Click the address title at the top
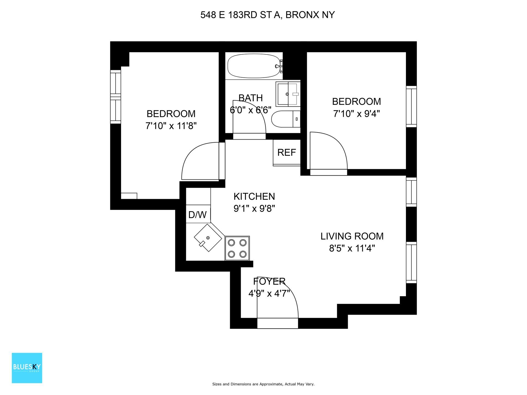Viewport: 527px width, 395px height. (x=267, y=15)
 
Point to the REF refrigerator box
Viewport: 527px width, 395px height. (x=287, y=153)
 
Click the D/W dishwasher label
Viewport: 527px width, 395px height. (x=198, y=214)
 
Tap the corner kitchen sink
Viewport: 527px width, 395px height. (x=208, y=238)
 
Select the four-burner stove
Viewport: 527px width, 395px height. (x=237, y=248)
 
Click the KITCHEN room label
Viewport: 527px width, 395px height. (x=254, y=196)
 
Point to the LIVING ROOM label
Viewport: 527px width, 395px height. (x=352, y=236)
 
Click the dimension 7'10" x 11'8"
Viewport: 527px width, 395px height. (x=171, y=126)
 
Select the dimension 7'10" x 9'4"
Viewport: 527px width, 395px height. (x=356, y=114)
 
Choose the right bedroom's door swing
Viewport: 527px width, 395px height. (x=328, y=152)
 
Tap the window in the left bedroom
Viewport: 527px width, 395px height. (x=116, y=97)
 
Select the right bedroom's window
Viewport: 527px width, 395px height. (x=411, y=106)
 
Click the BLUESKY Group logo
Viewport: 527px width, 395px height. (x=27, y=368)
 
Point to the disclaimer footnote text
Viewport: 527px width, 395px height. (x=263, y=384)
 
